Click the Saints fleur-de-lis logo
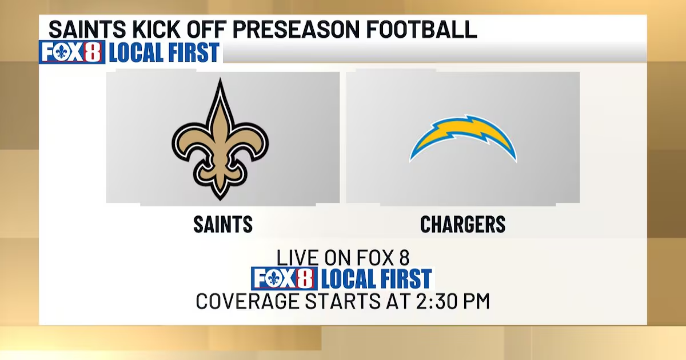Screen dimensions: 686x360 [220, 139]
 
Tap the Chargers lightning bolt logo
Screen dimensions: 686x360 [463, 138]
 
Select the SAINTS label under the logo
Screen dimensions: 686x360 [223, 225]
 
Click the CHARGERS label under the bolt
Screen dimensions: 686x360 [462, 225]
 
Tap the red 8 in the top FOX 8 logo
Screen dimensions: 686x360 [93, 52]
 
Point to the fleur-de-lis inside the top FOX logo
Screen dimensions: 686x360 [62, 52]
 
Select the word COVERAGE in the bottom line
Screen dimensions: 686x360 [247, 301]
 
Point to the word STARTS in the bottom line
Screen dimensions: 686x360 [342, 301]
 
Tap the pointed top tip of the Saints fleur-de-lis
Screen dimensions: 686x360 [220, 78]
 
